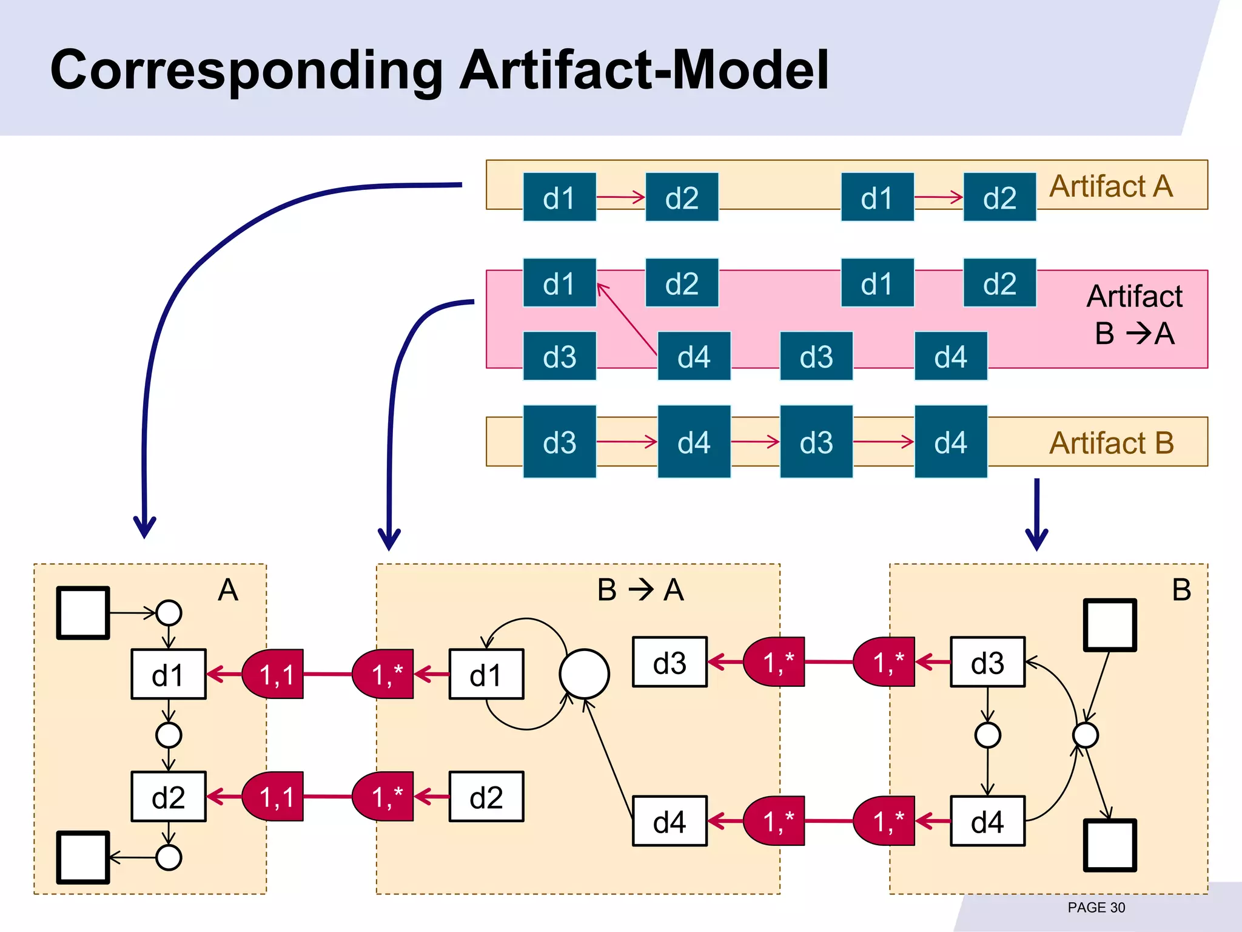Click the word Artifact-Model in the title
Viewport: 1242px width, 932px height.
click(x=643, y=70)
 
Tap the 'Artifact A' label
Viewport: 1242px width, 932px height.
click(x=1111, y=186)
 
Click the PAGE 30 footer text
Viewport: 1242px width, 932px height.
click(x=1096, y=908)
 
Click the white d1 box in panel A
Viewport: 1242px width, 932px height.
click(x=168, y=674)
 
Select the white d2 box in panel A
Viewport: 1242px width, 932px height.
click(x=168, y=797)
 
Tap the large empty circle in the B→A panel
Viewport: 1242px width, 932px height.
click(x=584, y=674)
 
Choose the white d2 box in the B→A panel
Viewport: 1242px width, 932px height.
click(x=486, y=797)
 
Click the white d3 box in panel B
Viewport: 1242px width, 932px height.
click(x=987, y=662)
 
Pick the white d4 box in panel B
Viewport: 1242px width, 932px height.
click(x=987, y=821)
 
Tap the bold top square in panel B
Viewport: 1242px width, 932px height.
click(x=1110, y=625)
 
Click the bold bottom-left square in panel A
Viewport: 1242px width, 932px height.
click(x=83, y=857)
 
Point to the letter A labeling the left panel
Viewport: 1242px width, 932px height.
click(x=228, y=590)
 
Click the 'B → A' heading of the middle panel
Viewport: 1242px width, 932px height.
click(x=640, y=590)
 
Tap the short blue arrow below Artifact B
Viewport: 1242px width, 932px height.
click(x=1036, y=513)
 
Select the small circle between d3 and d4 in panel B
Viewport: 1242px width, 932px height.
click(x=987, y=735)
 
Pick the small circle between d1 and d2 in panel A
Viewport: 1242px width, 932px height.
click(x=169, y=735)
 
